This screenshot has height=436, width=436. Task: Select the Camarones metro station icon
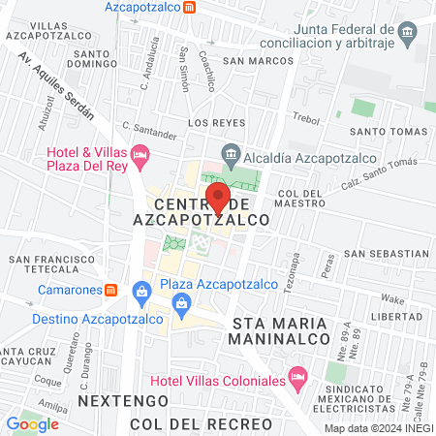click(x=112, y=289)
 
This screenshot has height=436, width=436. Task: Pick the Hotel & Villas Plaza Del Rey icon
click(x=140, y=153)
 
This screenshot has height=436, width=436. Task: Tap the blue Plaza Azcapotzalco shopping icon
click(x=142, y=290)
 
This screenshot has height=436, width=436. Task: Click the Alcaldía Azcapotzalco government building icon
click(x=231, y=152)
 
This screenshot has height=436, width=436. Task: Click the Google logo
click(x=32, y=423)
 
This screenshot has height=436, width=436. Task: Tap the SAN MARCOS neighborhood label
click(x=257, y=60)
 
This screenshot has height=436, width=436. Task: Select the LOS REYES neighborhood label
click(x=211, y=124)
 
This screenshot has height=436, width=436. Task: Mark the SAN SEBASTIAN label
click(x=386, y=253)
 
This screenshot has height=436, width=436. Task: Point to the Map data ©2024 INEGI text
click(x=378, y=428)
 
